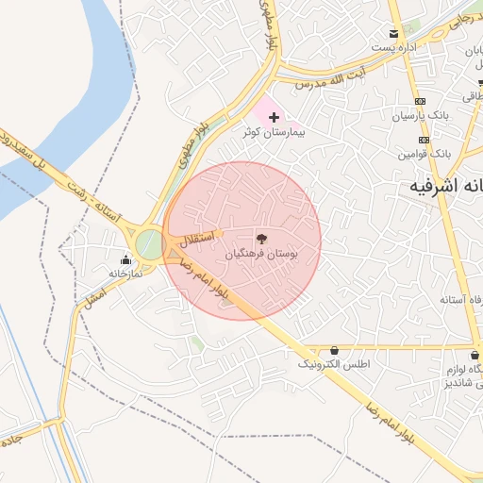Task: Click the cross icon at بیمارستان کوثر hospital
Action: click(274, 118)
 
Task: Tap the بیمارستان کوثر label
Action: click(274, 133)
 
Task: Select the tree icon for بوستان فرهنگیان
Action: click(262, 240)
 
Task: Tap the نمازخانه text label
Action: click(125, 273)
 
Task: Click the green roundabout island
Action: click(149, 244)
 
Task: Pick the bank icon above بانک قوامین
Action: click(425, 140)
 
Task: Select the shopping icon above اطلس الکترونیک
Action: click(334, 350)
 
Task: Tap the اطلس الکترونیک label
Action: click(335, 364)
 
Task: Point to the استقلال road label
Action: click(202, 237)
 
